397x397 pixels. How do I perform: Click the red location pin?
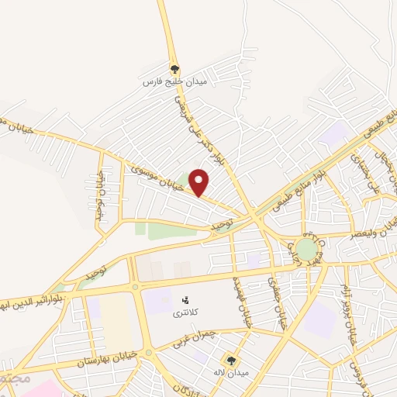point(199,182)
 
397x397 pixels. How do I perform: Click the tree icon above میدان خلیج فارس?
point(174,68)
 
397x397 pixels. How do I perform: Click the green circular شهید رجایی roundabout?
point(306,250)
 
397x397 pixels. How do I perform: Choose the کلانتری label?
point(185,312)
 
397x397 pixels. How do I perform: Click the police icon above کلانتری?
point(185,299)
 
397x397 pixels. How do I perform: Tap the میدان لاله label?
point(232,374)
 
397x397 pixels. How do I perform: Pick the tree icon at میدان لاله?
point(231,361)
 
